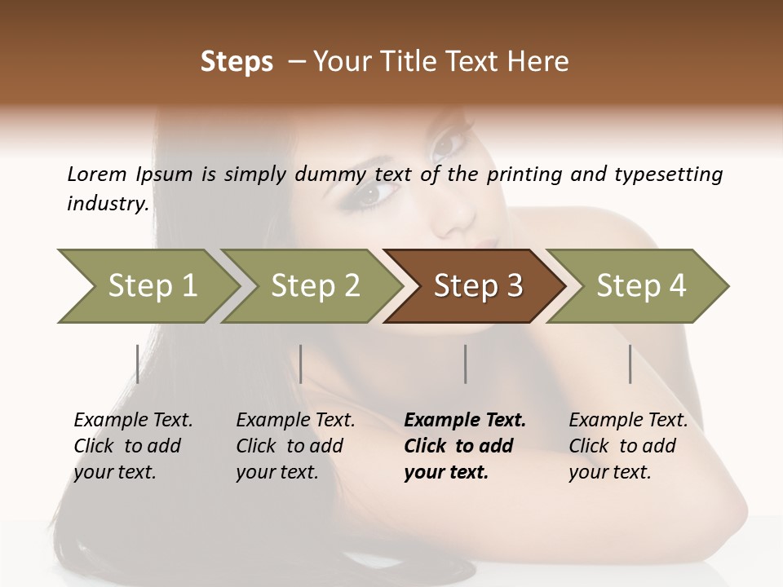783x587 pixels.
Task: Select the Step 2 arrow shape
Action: coord(314,286)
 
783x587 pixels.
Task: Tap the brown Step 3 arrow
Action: coord(477,286)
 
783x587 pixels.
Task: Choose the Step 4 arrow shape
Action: coord(640,286)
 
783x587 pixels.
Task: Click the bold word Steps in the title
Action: coord(237,62)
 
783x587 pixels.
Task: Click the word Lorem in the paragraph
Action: coord(97,174)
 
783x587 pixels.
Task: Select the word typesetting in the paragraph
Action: coord(677,174)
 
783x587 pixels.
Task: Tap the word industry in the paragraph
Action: coord(107,203)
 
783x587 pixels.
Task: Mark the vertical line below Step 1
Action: coord(137,364)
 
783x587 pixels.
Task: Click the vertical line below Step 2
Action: coord(301,364)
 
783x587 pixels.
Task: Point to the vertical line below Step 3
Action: coord(465,364)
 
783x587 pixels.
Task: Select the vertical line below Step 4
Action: coord(630,364)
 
